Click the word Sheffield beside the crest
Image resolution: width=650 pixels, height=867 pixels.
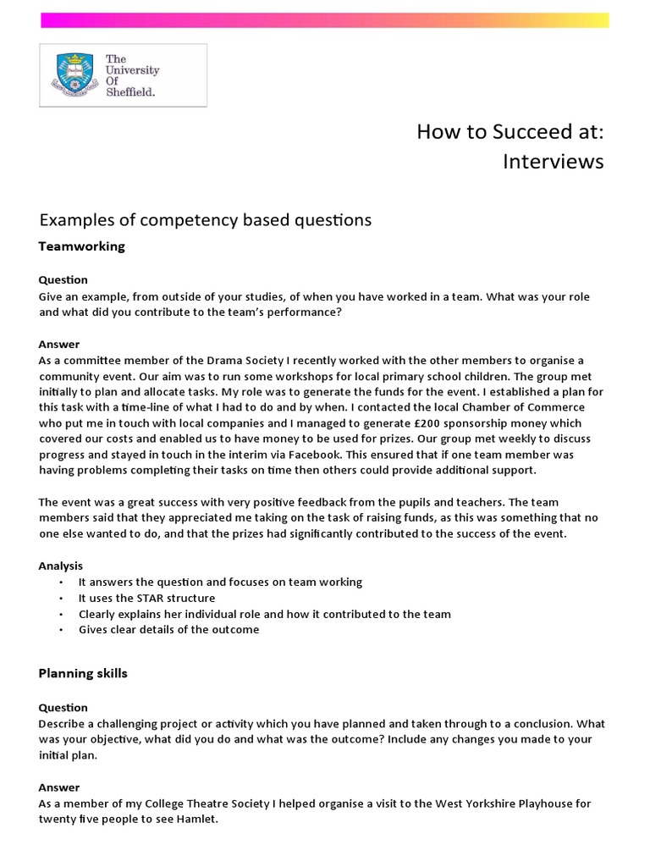130,92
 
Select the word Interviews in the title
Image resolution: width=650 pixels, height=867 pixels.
554,162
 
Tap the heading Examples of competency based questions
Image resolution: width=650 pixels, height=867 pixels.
206,220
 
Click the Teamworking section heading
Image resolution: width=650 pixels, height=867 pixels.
82,246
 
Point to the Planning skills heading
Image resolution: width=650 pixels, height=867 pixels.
83,674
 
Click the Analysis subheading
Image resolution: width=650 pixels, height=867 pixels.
61,566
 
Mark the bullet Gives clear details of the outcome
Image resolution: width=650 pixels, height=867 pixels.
168,629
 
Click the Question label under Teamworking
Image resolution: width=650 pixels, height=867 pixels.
63,279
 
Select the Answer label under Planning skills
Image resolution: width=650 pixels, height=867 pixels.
59,787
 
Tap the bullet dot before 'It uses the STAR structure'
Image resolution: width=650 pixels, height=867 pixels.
62,598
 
